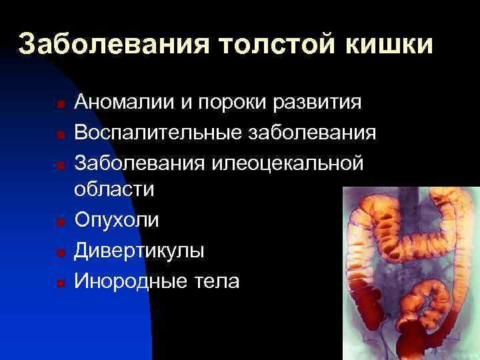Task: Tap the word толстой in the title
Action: tap(266, 45)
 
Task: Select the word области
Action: tap(114, 190)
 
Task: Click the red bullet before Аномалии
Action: tap(60, 105)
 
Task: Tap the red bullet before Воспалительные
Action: tap(60, 134)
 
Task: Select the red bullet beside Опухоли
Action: tap(60, 222)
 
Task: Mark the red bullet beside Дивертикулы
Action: tap(60, 253)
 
